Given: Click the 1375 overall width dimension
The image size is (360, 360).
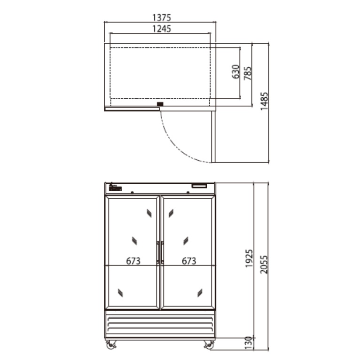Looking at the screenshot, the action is [x=162, y=17].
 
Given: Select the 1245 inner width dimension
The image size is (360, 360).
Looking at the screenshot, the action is [x=162, y=29].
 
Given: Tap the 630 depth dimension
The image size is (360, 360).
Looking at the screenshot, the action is [x=236, y=71].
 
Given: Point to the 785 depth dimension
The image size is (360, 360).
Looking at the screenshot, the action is [x=248, y=73].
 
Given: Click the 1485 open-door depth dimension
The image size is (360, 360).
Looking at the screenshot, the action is [x=264, y=101].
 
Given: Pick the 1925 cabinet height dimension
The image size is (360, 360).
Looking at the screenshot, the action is [x=249, y=258].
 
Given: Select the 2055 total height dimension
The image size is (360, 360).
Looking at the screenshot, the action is [x=264, y=265].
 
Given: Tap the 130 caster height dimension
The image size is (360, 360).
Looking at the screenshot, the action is [x=249, y=343].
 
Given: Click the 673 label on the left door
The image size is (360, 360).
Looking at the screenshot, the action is [x=133, y=261].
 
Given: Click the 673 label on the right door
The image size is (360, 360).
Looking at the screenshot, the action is [x=189, y=261].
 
